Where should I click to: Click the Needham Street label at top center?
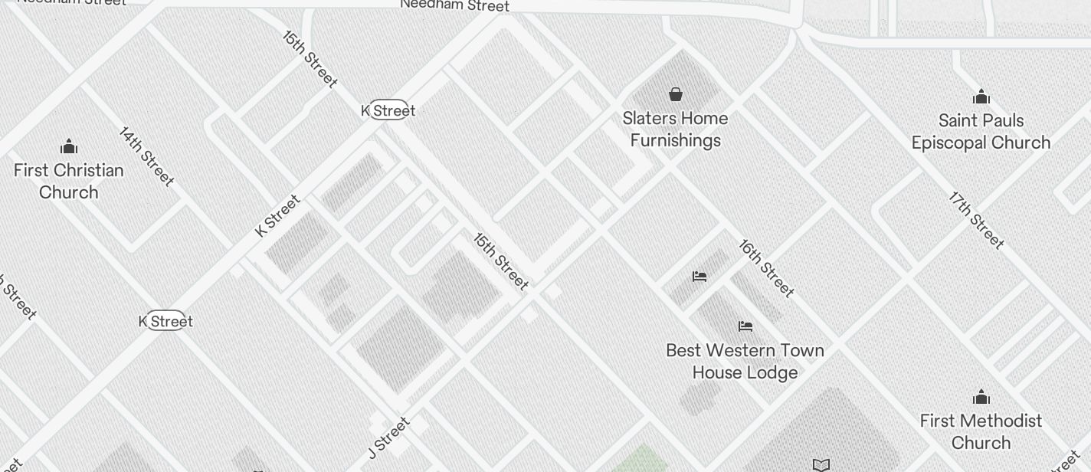tap(454, 5)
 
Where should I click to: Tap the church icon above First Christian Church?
tap(69, 146)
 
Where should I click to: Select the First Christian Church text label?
tap(69, 181)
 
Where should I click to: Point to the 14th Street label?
tap(146, 156)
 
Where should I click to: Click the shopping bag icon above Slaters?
tap(675, 94)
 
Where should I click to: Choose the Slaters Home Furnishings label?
tap(675, 129)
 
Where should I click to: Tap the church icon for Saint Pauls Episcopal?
tap(981, 97)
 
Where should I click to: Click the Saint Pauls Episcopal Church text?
tap(981, 131)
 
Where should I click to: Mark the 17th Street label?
tap(976, 220)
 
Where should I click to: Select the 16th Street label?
tap(766, 267)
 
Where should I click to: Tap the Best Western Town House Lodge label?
tap(745, 361)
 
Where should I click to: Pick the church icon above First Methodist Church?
tap(981, 397)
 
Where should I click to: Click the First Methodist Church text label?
tap(981, 431)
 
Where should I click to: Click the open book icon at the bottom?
tap(821, 464)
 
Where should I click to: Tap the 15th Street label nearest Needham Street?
tap(310, 59)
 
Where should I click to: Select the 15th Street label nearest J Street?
tap(501, 261)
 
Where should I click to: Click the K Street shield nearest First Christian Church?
tap(165, 321)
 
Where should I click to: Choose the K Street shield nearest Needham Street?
tap(389, 110)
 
